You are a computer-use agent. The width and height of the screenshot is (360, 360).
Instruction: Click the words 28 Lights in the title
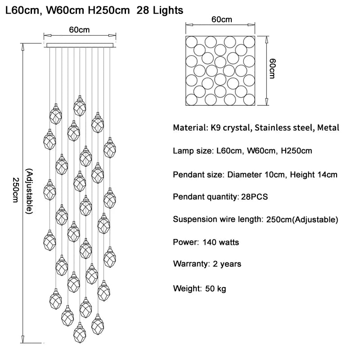[160, 10]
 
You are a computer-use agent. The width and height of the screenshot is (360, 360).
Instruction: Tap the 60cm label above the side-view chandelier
[79, 30]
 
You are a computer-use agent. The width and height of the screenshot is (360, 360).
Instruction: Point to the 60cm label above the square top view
[221, 19]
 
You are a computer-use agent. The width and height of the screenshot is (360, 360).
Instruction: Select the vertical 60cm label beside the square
[272, 68]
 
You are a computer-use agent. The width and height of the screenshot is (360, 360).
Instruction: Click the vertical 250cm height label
[15, 190]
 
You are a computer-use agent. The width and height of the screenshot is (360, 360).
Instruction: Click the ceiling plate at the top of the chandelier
[80, 45]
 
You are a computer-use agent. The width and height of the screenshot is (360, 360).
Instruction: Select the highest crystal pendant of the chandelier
[80, 106]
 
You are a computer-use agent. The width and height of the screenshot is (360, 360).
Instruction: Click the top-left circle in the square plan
[191, 42]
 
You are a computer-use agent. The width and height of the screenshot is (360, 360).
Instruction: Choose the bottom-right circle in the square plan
[249, 99]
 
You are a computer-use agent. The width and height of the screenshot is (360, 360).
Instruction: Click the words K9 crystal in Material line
[230, 128]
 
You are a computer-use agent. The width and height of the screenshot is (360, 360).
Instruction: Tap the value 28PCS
[254, 197]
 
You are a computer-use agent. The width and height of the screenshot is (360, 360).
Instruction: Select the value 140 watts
[221, 242]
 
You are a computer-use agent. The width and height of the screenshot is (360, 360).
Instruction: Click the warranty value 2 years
[227, 264]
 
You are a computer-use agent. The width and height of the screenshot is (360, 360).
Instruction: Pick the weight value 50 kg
[216, 288]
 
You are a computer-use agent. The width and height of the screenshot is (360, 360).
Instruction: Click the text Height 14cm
[314, 175]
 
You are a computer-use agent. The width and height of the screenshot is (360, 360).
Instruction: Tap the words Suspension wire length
[218, 219]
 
